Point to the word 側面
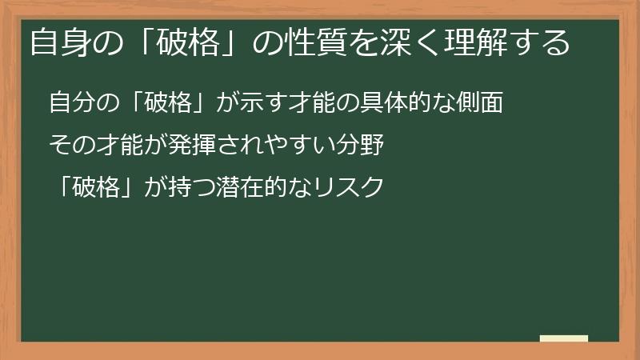click(482, 104)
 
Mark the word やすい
click(302, 146)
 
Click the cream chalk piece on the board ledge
click(563, 338)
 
